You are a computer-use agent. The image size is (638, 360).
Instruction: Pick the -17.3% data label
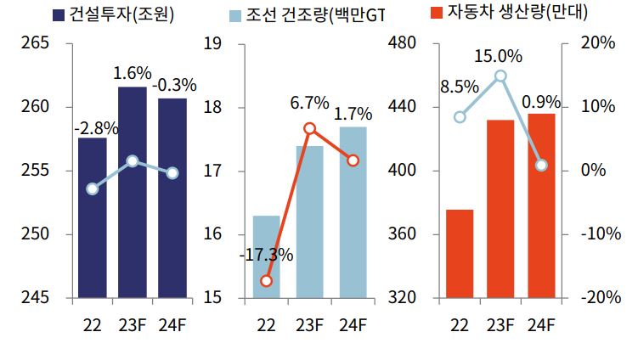click(x=265, y=255)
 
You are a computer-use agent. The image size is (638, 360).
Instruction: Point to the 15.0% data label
click(x=499, y=56)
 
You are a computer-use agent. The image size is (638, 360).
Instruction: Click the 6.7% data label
click(x=309, y=103)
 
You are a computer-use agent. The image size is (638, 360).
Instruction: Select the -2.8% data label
click(x=96, y=129)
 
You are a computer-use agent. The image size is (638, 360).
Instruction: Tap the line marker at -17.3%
click(x=267, y=280)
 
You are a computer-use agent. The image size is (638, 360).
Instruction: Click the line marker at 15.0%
click(x=500, y=76)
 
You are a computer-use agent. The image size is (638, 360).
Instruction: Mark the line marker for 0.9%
click(x=541, y=165)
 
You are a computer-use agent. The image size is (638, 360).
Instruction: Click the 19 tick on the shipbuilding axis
click(x=213, y=43)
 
